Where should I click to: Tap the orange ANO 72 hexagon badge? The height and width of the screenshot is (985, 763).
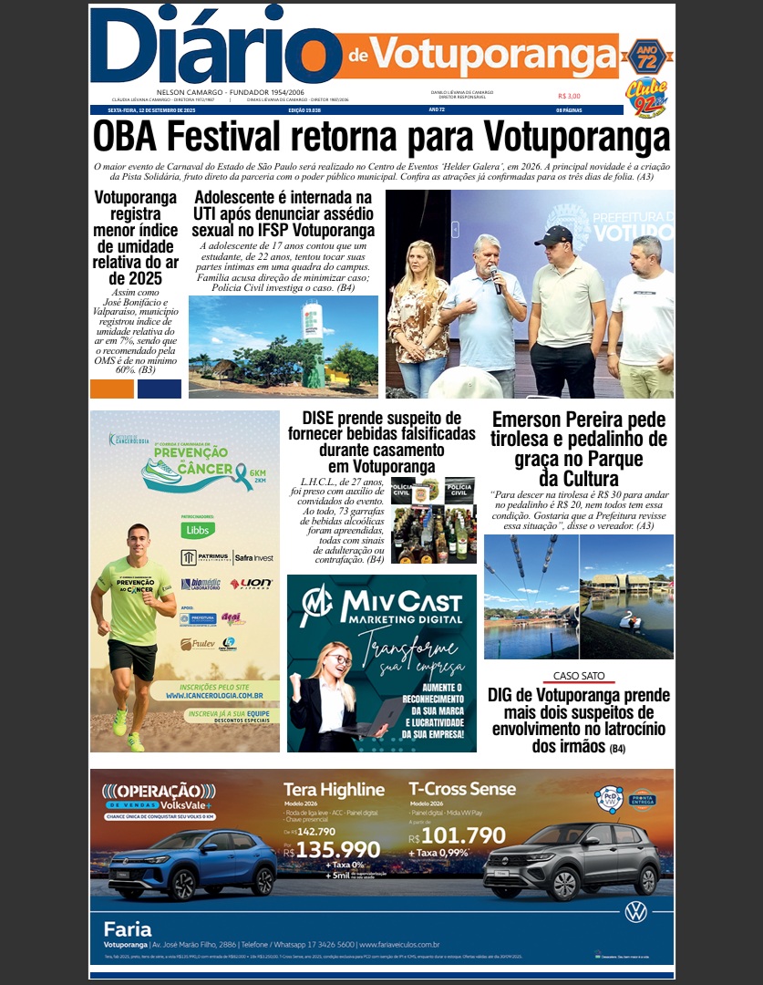[x=646, y=57]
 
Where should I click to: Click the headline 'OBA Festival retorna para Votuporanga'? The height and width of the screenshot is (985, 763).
[x=381, y=138]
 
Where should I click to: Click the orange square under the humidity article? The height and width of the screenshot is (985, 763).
[x=112, y=389]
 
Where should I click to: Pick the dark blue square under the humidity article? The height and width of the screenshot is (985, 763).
[x=160, y=389]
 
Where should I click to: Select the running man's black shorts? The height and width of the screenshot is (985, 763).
[x=132, y=658]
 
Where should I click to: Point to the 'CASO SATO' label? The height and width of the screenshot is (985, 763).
[x=579, y=676]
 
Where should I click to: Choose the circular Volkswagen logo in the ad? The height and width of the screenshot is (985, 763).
[x=635, y=911]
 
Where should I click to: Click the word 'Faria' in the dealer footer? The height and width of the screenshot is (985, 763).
[x=128, y=928]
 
